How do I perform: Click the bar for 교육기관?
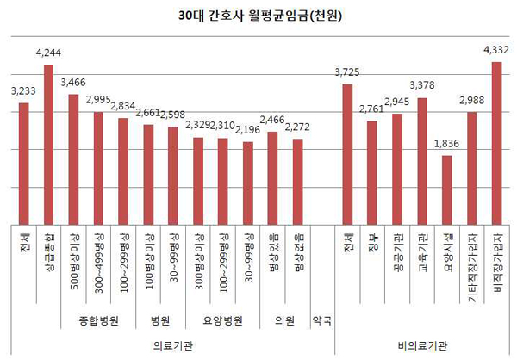tap(421, 160)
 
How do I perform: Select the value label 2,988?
tap(471, 101)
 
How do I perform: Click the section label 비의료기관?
tap(422, 345)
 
